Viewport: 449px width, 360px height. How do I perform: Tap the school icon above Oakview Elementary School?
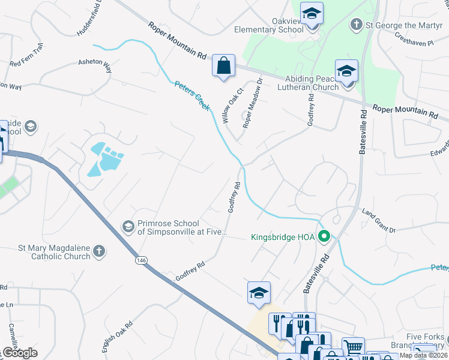click(312, 13)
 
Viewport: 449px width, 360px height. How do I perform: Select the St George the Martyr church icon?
click(356, 25)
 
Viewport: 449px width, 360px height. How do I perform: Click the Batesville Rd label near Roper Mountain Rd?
click(363, 132)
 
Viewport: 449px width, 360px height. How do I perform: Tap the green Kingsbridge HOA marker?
click(325, 236)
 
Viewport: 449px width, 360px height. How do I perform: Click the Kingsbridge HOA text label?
click(282, 237)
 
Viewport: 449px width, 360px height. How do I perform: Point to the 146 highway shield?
click(140, 260)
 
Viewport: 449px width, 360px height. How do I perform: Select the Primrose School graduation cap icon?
click(128, 227)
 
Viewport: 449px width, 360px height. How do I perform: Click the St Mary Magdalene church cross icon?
click(100, 251)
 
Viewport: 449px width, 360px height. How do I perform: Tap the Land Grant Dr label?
click(379, 221)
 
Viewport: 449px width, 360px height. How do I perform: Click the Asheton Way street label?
click(95, 66)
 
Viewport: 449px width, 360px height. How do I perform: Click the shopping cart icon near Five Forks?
click(353, 346)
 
